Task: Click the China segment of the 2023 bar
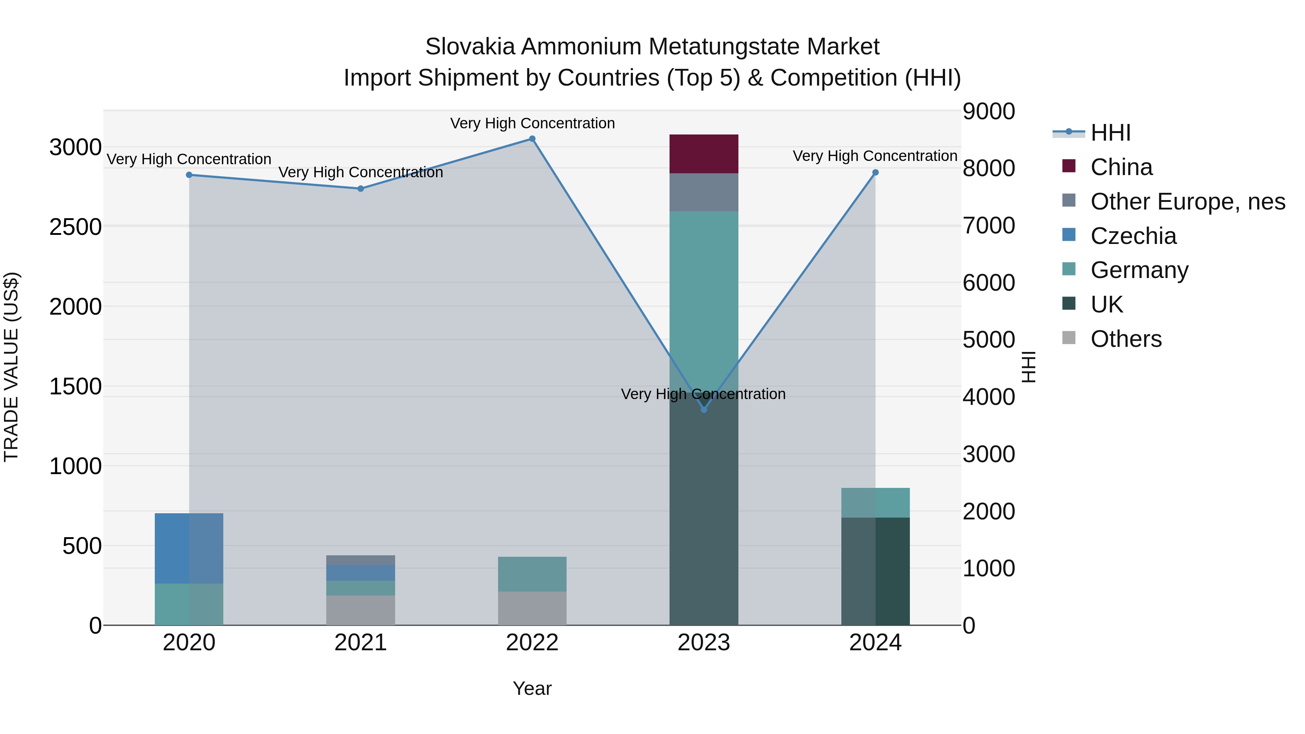point(704,154)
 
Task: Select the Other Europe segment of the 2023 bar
point(704,192)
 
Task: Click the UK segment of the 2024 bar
point(875,571)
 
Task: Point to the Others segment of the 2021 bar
point(360,610)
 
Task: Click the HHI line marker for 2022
point(532,139)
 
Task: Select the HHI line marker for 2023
point(704,409)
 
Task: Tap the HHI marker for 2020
point(189,175)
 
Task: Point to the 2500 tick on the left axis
point(75,227)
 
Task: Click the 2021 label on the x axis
point(360,643)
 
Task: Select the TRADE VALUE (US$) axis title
point(11,367)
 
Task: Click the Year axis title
point(532,688)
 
